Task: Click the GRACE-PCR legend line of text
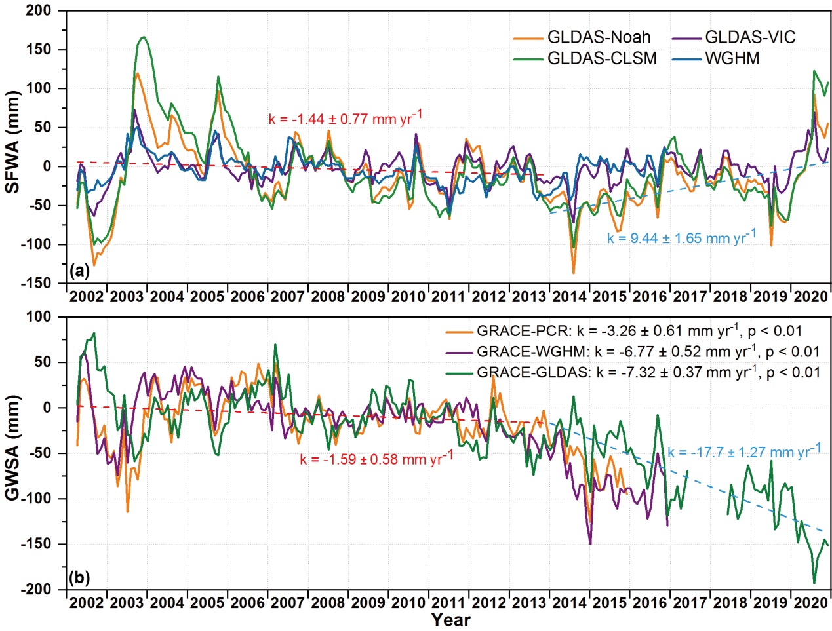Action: coord(639,331)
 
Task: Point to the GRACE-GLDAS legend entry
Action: coord(648,373)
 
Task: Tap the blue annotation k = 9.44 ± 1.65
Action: coord(681,237)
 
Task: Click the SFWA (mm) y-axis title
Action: coord(12,141)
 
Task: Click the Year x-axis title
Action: coord(450,619)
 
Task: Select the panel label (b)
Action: coord(79,578)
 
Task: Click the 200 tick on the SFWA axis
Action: coord(39,11)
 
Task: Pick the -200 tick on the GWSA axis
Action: coord(36,589)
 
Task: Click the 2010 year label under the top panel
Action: coord(408,296)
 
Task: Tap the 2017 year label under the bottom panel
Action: coord(690,603)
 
